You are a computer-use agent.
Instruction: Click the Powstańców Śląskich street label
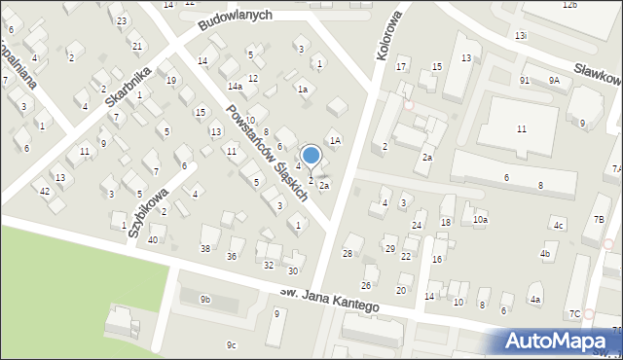[266, 152]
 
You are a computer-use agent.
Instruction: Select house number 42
[45, 191]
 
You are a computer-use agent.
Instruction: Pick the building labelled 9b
[205, 300]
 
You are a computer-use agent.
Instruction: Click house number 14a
[235, 87]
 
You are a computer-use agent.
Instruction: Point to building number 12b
[569, 5]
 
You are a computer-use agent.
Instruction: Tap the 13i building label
[522, 35]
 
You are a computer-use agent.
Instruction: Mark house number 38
[205, 249]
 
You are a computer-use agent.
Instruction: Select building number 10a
[480, 220]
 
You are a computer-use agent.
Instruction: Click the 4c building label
[558, 226]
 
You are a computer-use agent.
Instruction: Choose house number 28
[347, 253]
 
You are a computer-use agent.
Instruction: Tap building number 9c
[231, 344]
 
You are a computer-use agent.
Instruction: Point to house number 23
[121, 20]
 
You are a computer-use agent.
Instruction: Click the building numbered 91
[525, 81]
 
